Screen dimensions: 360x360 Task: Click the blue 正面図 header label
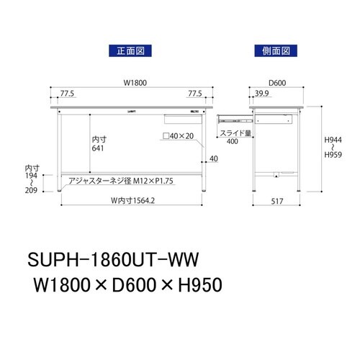tap(131, 51)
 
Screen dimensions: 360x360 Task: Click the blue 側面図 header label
tap(276, 51)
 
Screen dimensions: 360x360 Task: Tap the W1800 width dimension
tap(135, 83)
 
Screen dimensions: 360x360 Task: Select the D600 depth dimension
tap(277, 83)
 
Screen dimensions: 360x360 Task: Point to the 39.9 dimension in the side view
tap(261, 94)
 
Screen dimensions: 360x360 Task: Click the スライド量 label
tap(234, 133)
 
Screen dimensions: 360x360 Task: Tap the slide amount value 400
tap(232, 141)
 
